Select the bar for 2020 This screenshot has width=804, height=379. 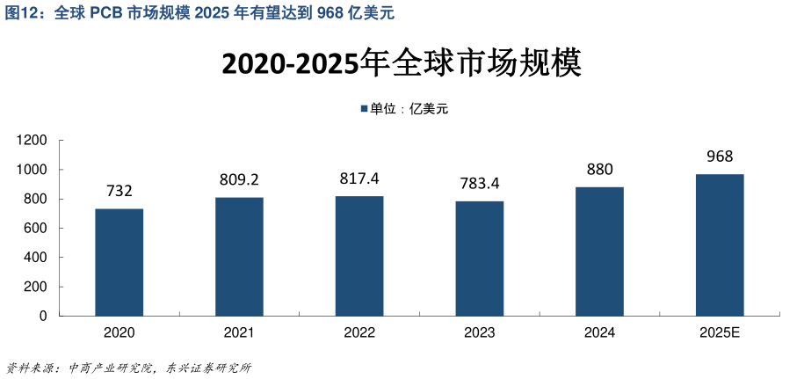(120, 262)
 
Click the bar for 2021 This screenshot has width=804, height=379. (239, 256)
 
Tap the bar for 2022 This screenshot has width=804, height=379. (359, 256)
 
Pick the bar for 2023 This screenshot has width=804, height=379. (480, 259)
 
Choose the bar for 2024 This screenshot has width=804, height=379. (599, 251)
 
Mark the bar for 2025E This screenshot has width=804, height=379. (720, 244)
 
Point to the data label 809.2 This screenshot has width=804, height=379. (239, 179)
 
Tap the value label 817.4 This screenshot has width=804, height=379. (359, 179)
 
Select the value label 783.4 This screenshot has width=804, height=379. (480, 184)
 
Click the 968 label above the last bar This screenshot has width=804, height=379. (720, 157)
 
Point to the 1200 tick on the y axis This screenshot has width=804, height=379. (33, 141)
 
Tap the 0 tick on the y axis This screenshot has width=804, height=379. (44, 317)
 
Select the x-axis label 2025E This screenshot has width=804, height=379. (720, 333)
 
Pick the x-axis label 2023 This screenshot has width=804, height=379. (480, 333)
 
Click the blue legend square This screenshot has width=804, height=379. (363, 109)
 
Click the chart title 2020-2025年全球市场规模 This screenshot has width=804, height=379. (402, 64)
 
